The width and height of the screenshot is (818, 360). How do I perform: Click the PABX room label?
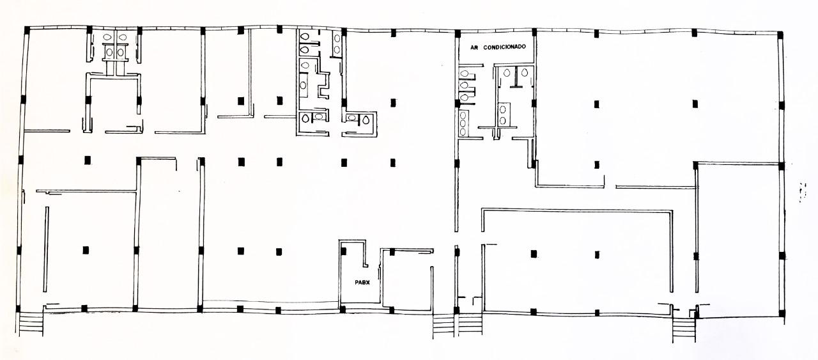[x=362, y=283]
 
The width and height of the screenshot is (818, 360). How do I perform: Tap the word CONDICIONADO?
[x=504, y=47]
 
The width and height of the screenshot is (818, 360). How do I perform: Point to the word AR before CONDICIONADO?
[x=474, y=47]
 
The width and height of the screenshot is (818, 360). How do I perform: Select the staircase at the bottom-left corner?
[x=31, y=323]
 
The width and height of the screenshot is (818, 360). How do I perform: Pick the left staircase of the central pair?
[x=444, y=325]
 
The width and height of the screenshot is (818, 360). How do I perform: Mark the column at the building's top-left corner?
[x=27, y=30]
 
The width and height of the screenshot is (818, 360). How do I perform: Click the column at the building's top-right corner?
[x=780, y=35]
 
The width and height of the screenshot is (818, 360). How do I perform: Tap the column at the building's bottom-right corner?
[x=782, y=314]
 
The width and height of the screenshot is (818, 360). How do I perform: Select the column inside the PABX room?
[x=343, y=251]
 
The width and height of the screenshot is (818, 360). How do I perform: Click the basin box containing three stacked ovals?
[x=463, y=123]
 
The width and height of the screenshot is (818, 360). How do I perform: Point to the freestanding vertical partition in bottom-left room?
[x=46, y=249]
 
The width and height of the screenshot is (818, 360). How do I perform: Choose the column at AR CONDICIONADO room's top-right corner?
[x=534, y=33]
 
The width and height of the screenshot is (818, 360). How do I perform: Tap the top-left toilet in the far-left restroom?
[x=107, y=37]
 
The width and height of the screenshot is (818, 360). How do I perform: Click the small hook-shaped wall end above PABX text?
[x=366, y=264]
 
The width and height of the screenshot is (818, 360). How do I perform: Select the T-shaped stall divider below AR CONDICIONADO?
[x=516, y=77]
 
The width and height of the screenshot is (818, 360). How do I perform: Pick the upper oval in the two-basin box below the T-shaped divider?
[x=503, y=109]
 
